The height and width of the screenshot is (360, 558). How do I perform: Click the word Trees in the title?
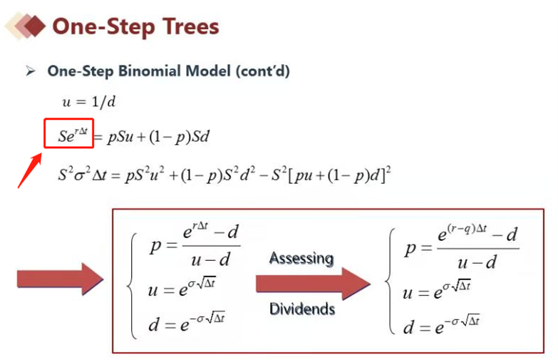191,26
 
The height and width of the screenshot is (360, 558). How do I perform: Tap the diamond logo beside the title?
25,26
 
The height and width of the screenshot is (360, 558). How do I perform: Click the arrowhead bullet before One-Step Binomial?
31,71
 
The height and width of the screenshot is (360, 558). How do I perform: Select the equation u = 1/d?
89,102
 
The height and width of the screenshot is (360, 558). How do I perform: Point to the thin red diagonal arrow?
30,170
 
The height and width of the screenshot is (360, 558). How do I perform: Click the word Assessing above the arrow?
301,258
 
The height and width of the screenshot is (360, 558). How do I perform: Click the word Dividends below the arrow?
302,309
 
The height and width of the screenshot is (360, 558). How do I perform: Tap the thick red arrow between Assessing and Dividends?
313,284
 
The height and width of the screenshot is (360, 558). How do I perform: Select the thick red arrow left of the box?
61,279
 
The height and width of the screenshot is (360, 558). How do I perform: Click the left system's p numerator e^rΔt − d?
211,232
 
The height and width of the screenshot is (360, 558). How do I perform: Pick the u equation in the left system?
182,288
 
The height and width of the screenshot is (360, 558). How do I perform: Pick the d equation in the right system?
441,324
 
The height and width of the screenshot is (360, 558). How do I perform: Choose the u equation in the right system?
437,289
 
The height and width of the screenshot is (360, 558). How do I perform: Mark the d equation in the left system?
187,322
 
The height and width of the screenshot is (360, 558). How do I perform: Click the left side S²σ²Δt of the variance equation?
82,175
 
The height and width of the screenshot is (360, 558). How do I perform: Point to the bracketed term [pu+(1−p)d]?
337,175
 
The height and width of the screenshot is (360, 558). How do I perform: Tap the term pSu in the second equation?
120,136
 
